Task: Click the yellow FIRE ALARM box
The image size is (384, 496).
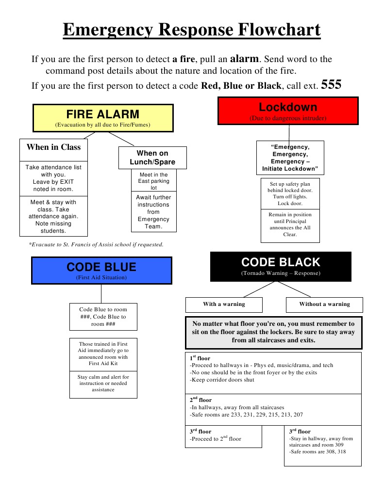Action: pyautogui.click(x=102, y=118)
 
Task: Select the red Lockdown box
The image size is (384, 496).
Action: pyautogui.click(x=288, y=111)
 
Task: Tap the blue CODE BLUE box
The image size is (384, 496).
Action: pyautogui.click(x=101, y=270)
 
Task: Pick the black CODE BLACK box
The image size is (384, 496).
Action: pyautogui.click(x=281, y=266)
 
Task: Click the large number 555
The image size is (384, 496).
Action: pyautogui.click(x=331, y=85)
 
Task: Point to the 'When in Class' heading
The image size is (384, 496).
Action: pyautogui.click(x=53, y=147)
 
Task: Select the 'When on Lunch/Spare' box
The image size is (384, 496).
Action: pyautogui.click(x=152, y=158)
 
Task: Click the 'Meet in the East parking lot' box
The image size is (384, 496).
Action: pyautogui.click(x=153, y=181)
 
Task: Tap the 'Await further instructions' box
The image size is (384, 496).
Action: pyautogui.click(x=153, y=212)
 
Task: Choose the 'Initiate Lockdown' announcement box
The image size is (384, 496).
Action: pyautogui.click(x=290, y=158)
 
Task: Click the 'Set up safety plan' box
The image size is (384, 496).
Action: pyautogui.click(x=290, y=193)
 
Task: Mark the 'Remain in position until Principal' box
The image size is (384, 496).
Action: pyautogui.click(x=290, y=225)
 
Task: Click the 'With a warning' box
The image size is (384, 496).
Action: pyautogui.click(x=224, y=304)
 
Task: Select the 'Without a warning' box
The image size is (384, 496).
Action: pyautogui.click(x=324, y=304)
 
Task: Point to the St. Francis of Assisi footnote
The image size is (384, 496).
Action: pyautogui.click(x=96, y=244)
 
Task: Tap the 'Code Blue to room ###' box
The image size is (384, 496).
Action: pyautogui.click(x=103, y=317)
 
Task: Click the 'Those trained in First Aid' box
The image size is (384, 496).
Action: pyautogui.click(x=103, y=354)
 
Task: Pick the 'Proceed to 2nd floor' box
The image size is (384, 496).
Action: pyautogui.click(x=223, y=436)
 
